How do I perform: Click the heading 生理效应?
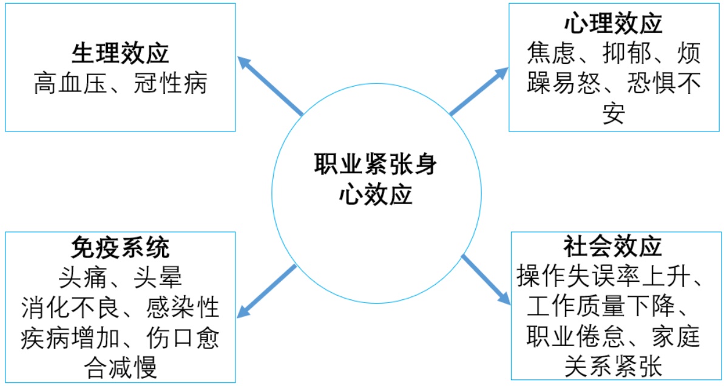click(x=120, y=54)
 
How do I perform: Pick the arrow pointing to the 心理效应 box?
click(x=479, y=91)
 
